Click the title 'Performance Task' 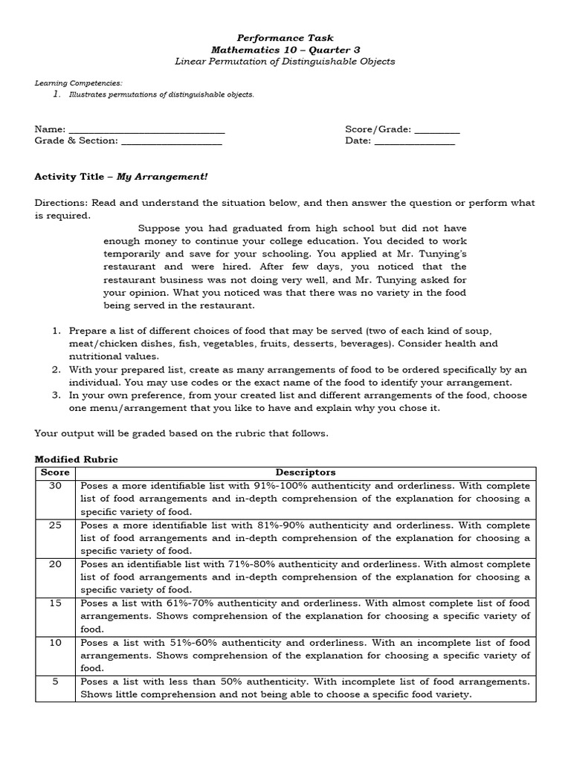(285, 37)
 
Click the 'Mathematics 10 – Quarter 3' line (285, 49)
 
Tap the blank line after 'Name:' (146, 130)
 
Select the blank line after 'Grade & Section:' (171, 141)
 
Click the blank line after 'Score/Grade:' (437, 130)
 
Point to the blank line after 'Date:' (414, 141)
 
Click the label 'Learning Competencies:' (68, 83)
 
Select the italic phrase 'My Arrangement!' (162, 177)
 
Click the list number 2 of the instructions (57, 369)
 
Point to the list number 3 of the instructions (57, 395)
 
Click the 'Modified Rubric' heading (76, 460)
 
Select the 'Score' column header (55, 473)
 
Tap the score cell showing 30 (55, 485)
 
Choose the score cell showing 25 (55, 525)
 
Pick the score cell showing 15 (55, 603)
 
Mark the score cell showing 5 (55, 681)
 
